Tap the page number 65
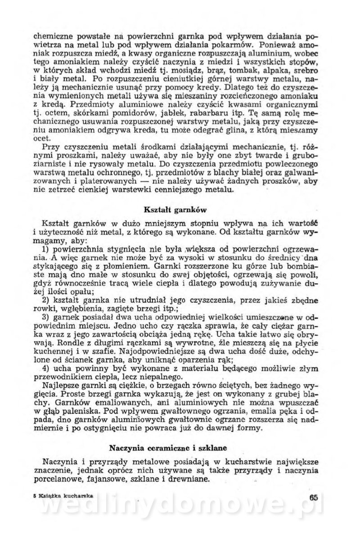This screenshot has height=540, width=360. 314,496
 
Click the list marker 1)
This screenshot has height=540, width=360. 46,248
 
